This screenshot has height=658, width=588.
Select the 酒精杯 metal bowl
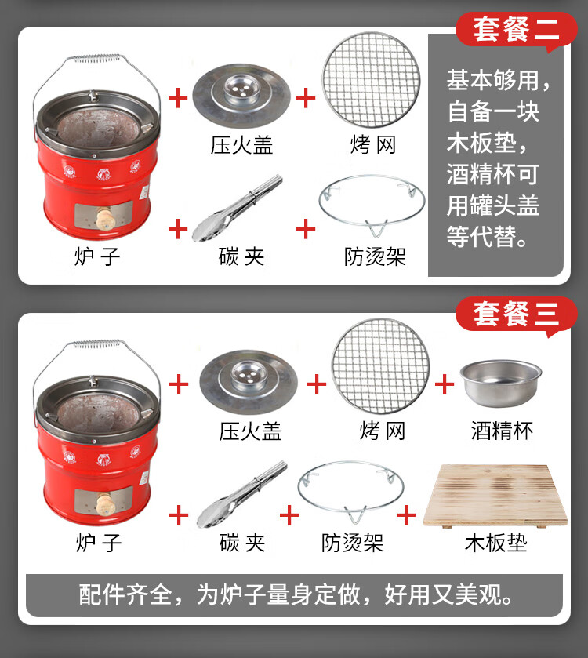click(x=501, y=382)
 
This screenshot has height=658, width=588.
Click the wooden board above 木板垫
click(x=495, y=496)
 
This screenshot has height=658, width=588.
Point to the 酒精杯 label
click(x=502, y=431)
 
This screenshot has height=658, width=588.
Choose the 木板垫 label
click(x=495, y=543)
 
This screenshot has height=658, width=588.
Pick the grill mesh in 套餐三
click(x=381, y=366)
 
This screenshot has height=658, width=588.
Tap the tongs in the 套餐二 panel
click(x=237, y=209)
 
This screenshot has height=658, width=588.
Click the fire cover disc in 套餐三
click(x=249, y=381)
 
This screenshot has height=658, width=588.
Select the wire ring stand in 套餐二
click(x=372, y=200)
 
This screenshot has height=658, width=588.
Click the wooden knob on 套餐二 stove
click(x=103, y=217)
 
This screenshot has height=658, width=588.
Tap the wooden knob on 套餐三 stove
click(x=103, y=503)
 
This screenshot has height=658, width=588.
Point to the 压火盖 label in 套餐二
click(x=241, y=145)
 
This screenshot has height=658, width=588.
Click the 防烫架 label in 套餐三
click(x=352, y=543)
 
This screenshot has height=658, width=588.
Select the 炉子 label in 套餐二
click(x=97, y=256)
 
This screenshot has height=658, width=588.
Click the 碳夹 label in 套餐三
click(x=242, y=543)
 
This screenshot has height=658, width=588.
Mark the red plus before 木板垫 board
click(x=406, y=515)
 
